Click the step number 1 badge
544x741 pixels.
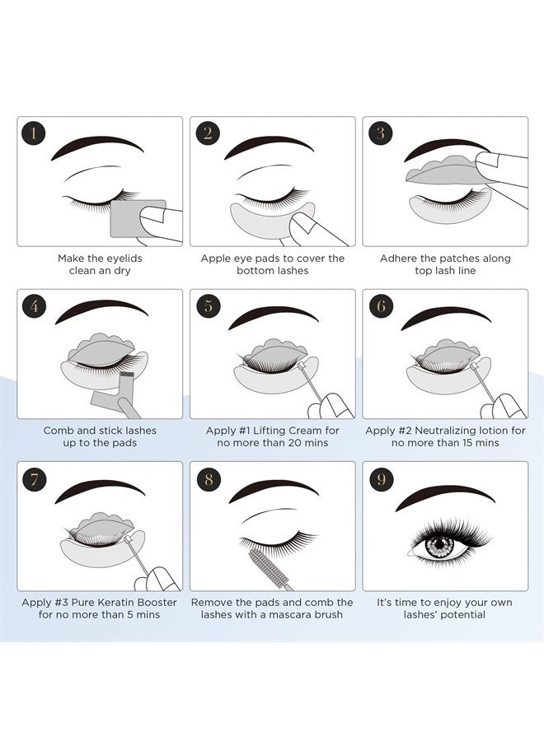tap(33, 133)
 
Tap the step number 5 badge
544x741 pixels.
tap(206, 305)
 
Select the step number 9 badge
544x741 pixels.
tap(379, 478)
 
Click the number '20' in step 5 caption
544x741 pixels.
tap(290, 443)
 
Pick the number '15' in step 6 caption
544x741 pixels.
tap(463, 443)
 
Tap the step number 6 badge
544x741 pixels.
tap(379, 305)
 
